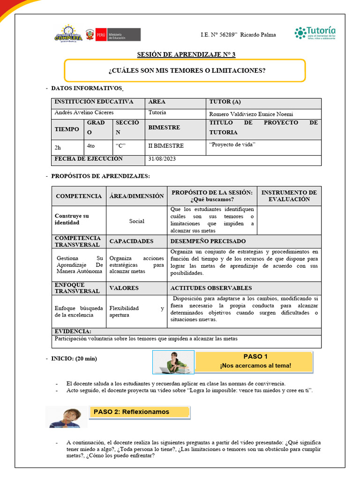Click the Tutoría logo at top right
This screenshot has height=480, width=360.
pos(315,33)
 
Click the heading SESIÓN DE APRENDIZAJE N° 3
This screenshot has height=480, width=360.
pos(186,54)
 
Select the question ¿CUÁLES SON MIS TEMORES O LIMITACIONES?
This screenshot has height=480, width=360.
pos(187,71)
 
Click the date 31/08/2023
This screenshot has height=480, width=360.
pos(162,159)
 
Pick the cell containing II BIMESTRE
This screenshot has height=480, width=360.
pos(166,146)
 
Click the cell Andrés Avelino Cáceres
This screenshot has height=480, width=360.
pos(84,113)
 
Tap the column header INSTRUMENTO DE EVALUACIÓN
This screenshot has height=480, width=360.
pos(289,196)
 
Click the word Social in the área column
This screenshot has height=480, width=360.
pos(137,221)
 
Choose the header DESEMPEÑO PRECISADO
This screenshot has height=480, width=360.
pos(208,241)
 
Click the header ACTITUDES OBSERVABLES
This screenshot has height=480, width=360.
pos(211,288)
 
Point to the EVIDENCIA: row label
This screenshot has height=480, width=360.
pos(73,331)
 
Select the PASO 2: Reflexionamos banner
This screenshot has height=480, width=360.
pos(139,412)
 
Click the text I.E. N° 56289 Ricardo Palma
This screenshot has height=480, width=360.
pos(238,35)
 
